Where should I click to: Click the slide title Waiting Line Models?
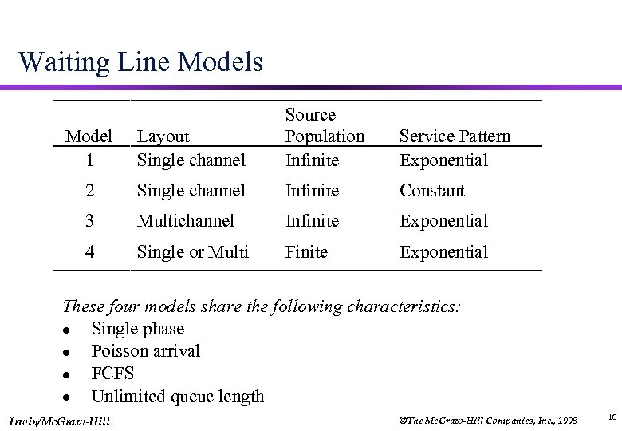[140, 61]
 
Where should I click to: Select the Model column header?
[89, 136]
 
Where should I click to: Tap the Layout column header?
[163, 136]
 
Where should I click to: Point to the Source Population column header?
[325, 125]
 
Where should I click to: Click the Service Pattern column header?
[455, 136]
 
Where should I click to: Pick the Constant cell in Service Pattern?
[431, 191]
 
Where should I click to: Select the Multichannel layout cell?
[186, 221]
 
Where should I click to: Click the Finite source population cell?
[306, 252]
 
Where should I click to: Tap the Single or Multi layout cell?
[193, 252]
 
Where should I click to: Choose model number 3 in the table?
[89, 221]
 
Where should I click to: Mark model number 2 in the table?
[89, 191]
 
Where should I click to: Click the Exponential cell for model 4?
[443, 252]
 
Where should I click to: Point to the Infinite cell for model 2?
[312, 191]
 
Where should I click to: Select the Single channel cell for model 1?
[191, 160]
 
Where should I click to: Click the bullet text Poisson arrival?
[146, 351]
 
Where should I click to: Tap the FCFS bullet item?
[112, 374]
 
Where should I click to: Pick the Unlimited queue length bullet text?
[178, 397]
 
